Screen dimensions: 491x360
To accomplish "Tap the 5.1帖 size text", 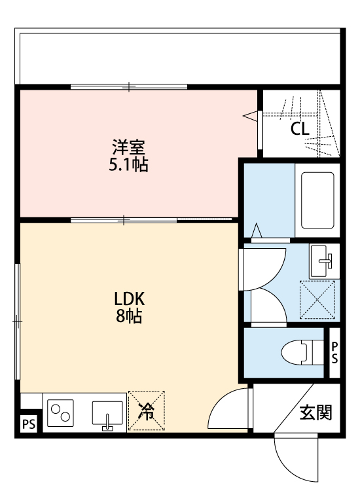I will click(128, 164).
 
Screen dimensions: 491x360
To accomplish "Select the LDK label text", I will click(129, 299).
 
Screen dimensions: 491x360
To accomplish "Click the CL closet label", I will click(300, 129).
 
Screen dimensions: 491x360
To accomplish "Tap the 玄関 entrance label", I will click(315, 412).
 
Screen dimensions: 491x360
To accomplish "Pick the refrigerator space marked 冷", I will click(147, 411).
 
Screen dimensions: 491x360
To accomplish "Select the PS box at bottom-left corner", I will click(28, 424).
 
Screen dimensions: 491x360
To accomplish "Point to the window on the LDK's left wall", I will click(18, 320).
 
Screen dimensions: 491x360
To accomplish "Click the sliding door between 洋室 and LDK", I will click(124, 219).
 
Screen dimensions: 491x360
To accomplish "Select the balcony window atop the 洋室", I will click(129, 86).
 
